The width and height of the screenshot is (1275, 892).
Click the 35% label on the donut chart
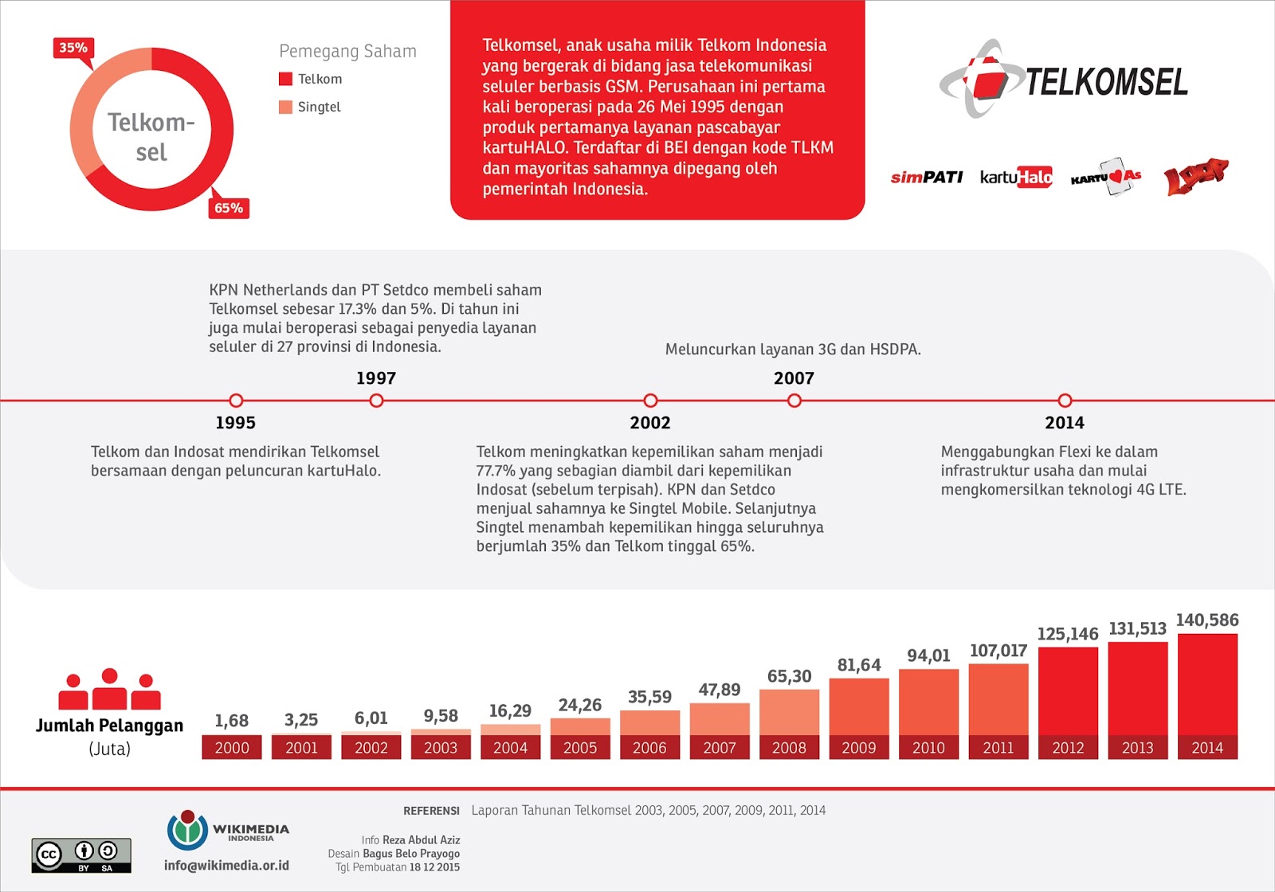pyautogui.click(x=73, y=48)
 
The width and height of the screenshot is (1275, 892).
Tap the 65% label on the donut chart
pyautogui.click(x=229, y=208)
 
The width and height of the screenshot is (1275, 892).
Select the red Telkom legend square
pyautogui.click(x=285, y=79)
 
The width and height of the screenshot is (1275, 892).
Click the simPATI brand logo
pyautogui.click(x=927, y=177)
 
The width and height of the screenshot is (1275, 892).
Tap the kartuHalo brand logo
pyautogui.click(x=1016, y=177)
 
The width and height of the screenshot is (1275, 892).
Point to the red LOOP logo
pyautogui.click(x=1195, y=176)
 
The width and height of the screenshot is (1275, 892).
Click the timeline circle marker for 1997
pyautogui.click(x=377, y=401)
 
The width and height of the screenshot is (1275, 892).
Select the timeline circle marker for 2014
pyautogui.click(x=1065, y=401)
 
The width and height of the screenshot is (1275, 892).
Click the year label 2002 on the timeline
pyautogui.click(x=650, y=423)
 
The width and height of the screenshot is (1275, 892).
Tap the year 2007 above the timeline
pyautogui.click(x=794, y=378)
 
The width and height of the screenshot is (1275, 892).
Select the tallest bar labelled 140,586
pyautogui.click(x=1207, y=685)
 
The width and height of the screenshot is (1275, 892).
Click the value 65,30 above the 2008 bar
pyautogui.click(x=789, y=676)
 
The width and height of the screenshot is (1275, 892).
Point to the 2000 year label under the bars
pyautogui.click(x=232, y=748)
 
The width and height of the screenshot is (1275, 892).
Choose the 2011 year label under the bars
pyautogui.click(x=998, y=748)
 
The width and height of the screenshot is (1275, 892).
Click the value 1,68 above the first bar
pyautogui.click(x=232, y=721)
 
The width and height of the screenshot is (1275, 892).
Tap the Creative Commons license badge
pyautogui.click(x=81, y=855)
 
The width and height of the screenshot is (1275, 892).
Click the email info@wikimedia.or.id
pyautogui.click(x=226, y=866)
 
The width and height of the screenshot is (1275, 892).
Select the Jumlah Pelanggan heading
pyautogui.click(x=109, y=726)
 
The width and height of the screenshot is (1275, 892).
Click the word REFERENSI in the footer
pyautogui.click(x=431, y=811)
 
